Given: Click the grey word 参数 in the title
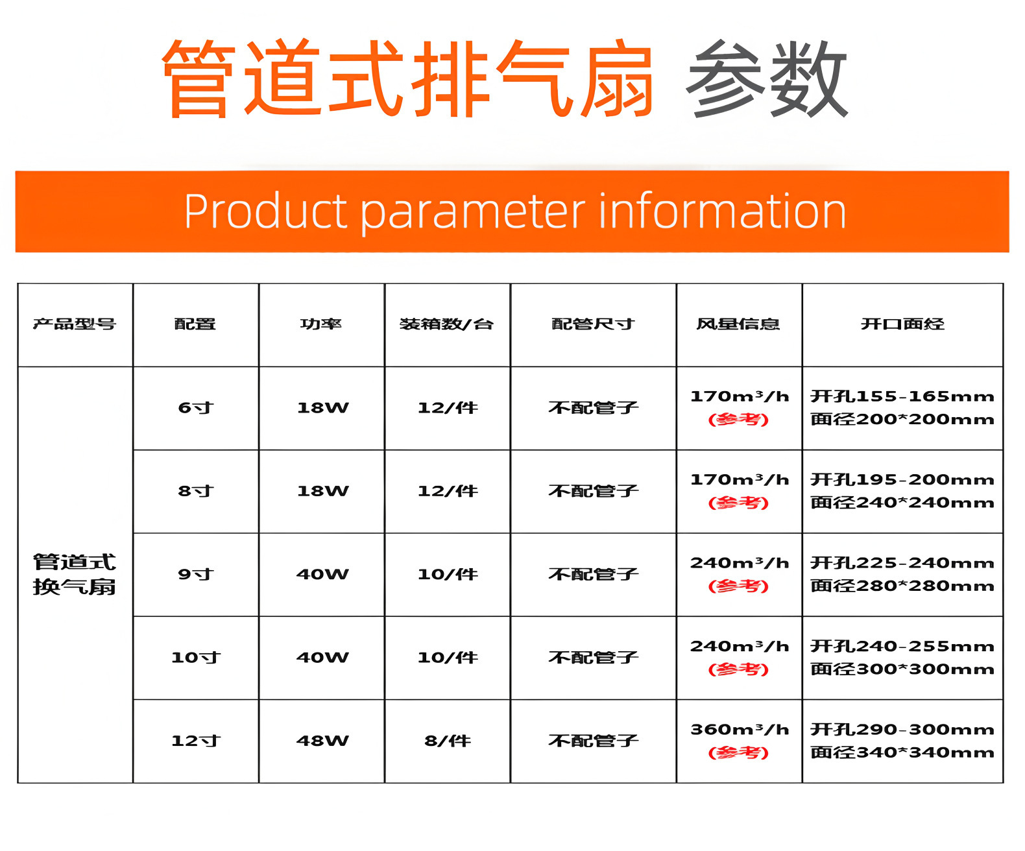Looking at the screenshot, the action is click(766, 78).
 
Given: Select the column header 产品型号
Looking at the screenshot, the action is click(75, 324).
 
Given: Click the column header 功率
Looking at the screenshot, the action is click(321, 324).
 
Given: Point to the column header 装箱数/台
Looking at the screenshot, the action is click(447, 324).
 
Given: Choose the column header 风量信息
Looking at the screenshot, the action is click(738, 324).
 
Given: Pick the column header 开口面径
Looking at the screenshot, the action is click(902, 324).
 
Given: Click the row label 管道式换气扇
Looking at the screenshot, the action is click(75, 574).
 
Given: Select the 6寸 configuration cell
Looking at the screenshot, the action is click(196, 408).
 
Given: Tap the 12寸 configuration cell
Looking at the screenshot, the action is click(196, 741).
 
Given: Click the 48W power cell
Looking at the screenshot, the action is click(322, 741).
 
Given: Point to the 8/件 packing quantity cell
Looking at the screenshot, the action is click(448, 741).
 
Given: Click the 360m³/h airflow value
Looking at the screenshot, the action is click(740, 729).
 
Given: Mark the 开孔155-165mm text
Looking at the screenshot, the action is click(902, 396).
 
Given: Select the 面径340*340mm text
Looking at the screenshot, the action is click(902, 752).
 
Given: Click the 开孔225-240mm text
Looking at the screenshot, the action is click(902, 563).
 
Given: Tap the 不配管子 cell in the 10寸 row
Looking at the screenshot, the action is click(594, 658).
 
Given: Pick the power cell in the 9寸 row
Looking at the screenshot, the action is click(322, 574).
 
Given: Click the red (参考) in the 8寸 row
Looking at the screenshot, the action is click(738, 503).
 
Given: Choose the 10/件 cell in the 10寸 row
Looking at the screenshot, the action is click(448, 658).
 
